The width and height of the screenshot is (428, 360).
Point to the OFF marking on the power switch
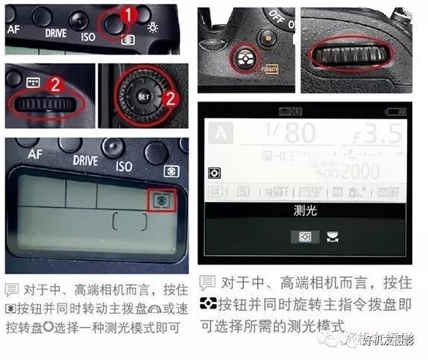281,14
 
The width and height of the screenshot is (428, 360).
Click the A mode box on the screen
218,135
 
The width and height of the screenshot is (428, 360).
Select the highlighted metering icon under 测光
304,237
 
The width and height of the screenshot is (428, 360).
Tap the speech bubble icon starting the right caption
207,283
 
